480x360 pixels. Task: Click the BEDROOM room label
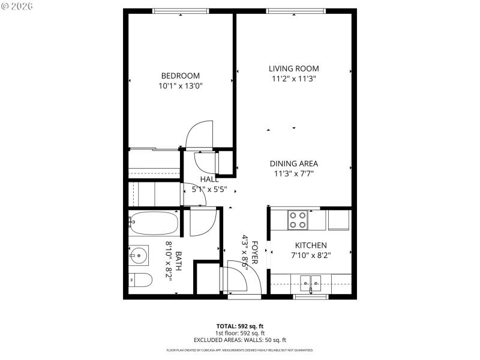(x=180, y=76)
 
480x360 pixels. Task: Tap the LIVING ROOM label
(x=293, y=68)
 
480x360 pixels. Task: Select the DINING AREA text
(x=293, y=163)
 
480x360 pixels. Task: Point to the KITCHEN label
(x=310, y=245)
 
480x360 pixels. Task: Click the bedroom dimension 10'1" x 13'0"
(x=180, y=86)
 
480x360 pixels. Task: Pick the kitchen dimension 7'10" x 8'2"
(x=310, y=255)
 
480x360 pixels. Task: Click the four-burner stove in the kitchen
(x=298, y=220)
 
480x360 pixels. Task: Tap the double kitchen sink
(x=311, y=281)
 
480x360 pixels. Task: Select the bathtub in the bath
(x=154, y=223)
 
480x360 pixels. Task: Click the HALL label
(x=209, y=179)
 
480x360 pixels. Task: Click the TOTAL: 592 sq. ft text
(x=239, y=326)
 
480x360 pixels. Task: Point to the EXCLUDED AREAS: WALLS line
(x=239, y=340)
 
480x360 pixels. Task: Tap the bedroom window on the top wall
(x=181, y=10)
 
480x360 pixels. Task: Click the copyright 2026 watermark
(x=17, y=6)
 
